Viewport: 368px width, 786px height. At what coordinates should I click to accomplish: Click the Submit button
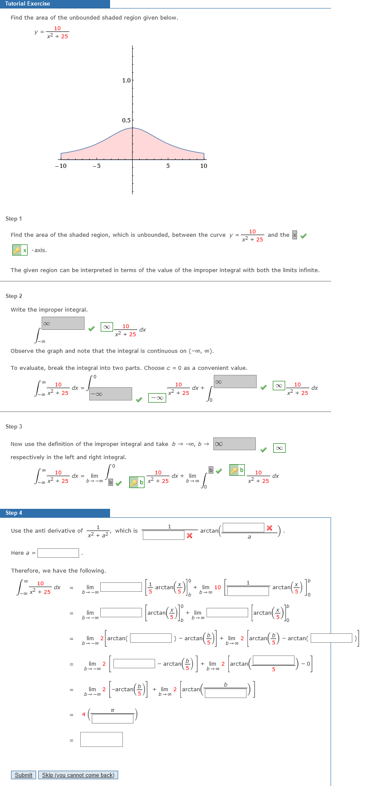[x=23, y=775]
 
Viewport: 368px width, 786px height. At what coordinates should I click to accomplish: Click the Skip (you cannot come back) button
[x=78, y=775]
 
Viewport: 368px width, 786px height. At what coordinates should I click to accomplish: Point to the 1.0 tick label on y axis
[x=126, y=80]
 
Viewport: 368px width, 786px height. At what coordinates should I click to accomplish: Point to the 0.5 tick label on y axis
[x=126, y=120]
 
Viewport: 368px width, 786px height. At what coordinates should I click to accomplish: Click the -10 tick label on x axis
[x=61, y=166]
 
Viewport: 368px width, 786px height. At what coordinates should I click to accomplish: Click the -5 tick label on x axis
[x=96, y=166]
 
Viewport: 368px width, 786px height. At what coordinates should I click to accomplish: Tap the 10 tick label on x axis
[x=204, y=166]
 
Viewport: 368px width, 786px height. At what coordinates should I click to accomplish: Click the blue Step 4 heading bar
[x=55, y=513]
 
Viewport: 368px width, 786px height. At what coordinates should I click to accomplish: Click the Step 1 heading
[x=14, y=218]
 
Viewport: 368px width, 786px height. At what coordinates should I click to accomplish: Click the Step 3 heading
[x=14, y=426]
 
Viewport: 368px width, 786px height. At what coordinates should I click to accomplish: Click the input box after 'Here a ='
[x=58, y=553]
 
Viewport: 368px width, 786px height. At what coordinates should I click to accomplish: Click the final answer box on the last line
[x=102, y=739]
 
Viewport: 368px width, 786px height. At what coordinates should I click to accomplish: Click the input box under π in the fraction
[x=113, y=718]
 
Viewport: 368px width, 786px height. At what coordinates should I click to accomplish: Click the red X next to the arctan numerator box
[x=269, y=528]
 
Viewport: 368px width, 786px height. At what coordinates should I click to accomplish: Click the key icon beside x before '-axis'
[x=17, y=250]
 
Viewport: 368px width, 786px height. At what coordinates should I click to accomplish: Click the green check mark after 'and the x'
[x=303, y=236]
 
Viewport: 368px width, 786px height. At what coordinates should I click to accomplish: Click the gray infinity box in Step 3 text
[x=235, y=444]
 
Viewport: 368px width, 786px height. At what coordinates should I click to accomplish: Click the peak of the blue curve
[x=133, y=128]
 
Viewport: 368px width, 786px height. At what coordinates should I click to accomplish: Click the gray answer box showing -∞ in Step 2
[x=111, y=394]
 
